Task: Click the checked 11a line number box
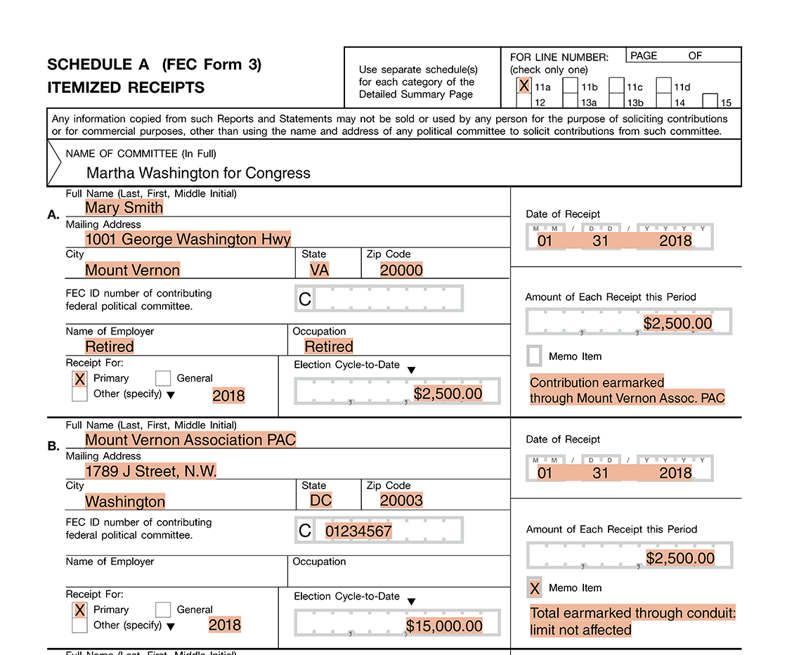point(523,86)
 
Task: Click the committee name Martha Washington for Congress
point(198,172)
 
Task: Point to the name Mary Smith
point(124,207)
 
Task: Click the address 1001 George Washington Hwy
point(188,239)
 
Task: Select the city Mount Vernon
point(132,270)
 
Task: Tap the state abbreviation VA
point(319,270)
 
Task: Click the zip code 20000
point(401,270)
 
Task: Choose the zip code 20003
point(401,501)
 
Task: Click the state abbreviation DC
point(320,500)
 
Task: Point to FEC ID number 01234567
point(358,531)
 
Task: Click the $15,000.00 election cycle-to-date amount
point(444,625)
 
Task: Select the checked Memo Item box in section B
point(535,588)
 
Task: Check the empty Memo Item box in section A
point(534,356)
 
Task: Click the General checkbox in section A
point(163,378)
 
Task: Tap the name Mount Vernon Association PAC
point(190,440)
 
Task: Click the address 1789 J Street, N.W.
point(150,471)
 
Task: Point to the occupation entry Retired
point(328,346)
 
